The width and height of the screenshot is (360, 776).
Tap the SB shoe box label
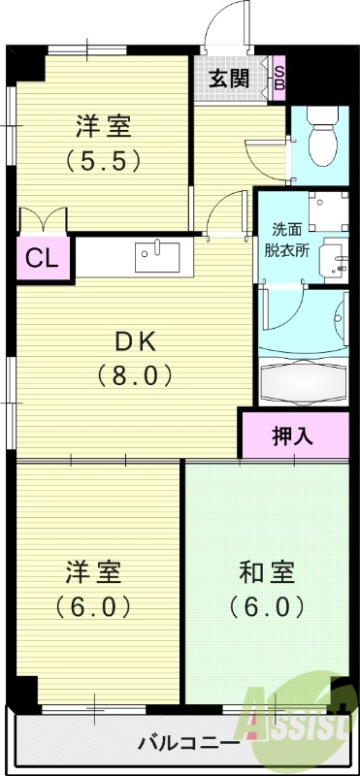click(278, 77)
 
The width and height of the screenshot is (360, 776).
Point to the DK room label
click(135, 341)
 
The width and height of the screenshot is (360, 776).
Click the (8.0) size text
click(135, 374)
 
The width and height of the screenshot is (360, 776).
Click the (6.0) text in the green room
click(267, 607)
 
